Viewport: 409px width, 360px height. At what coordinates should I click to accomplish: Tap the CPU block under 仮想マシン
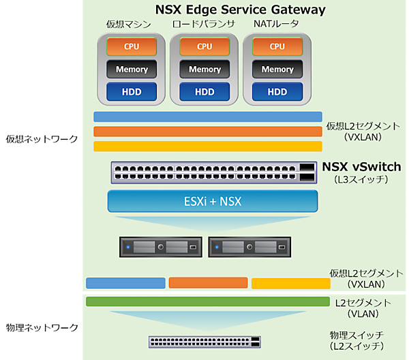[x=132, y=46]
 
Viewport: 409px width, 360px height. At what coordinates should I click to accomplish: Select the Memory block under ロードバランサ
[x=204, y=69]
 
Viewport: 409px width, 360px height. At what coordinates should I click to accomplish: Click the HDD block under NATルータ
[x=277, y=91]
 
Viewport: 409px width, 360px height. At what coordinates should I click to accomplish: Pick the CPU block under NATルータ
[x=277, y=46]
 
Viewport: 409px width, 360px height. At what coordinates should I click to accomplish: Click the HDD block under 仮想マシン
[x=132, y=91]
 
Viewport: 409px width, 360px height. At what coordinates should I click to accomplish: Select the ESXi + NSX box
[x=213, y=202]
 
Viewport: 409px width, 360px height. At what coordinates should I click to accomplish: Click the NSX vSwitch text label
[x=361, y=167]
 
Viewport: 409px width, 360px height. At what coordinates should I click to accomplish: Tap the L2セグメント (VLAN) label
[x=363, y=308]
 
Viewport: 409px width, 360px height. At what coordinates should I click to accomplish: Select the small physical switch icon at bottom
[x=205, y=342]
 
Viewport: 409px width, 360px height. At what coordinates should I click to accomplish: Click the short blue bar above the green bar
[x=125, y=283]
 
